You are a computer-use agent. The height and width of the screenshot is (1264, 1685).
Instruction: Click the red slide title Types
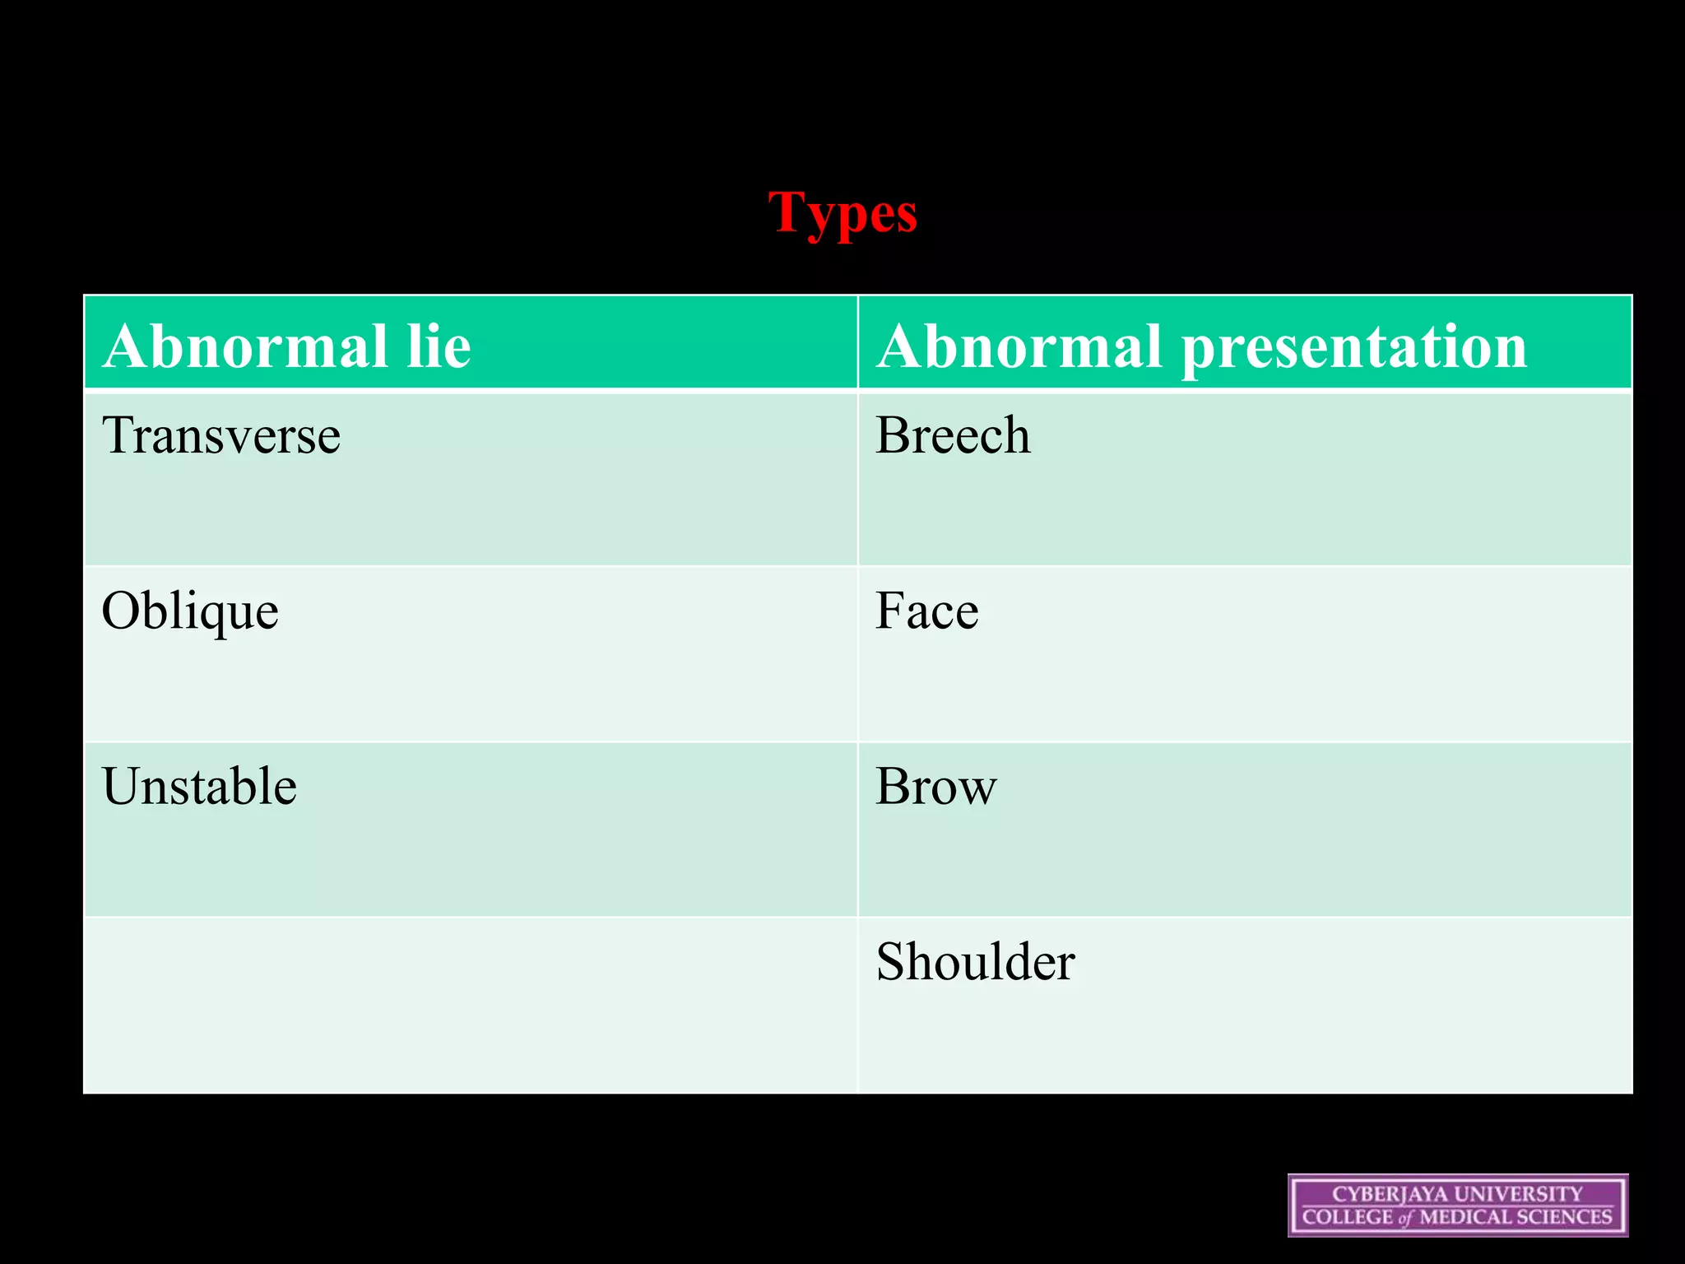tap(842, 213)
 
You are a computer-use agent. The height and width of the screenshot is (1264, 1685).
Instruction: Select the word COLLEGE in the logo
tap(1347, 1217)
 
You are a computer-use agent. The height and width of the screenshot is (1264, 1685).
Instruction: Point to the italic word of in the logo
tap(1404, 1219)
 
